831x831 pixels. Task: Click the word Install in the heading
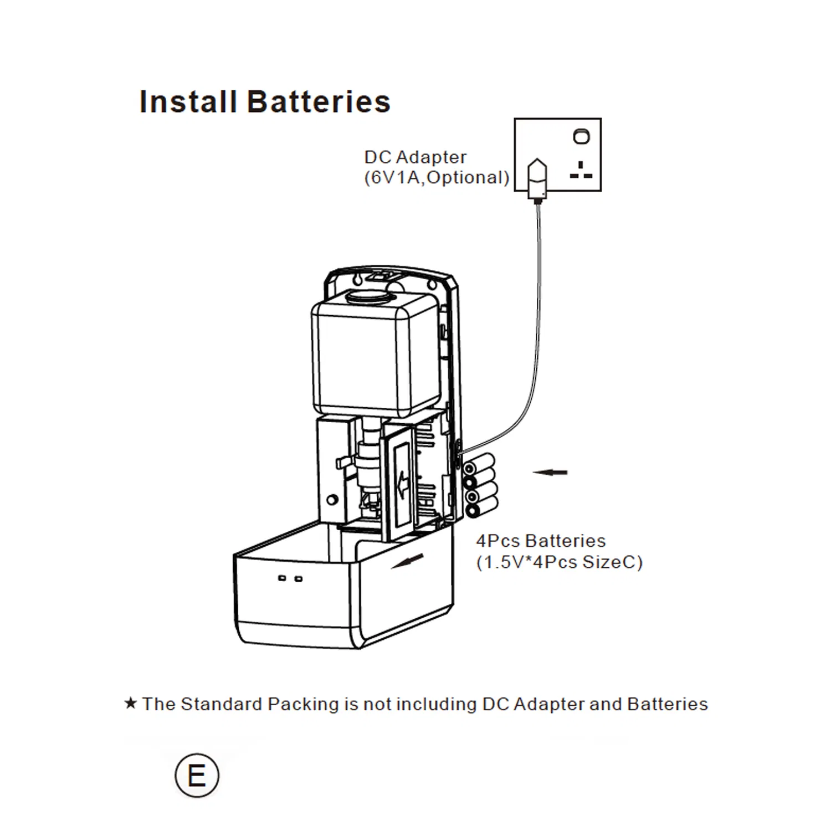pos(188,102)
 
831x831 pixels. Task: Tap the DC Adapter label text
pos(415,157)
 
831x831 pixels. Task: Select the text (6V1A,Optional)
pos(437,178)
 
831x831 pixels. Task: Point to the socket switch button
pos(581,136)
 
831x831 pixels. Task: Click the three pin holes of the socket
pos(581,171)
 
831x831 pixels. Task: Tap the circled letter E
pos(197,775)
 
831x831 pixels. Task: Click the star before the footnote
pos(130,704)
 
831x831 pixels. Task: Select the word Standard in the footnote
pos(221,704)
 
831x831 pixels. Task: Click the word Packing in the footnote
pos(303,704)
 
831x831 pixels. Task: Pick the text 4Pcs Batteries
pos(541,541)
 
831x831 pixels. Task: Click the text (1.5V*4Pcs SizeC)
pos(559,562)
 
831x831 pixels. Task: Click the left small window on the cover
pos(282,578)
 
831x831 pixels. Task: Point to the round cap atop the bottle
pos(366,296)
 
